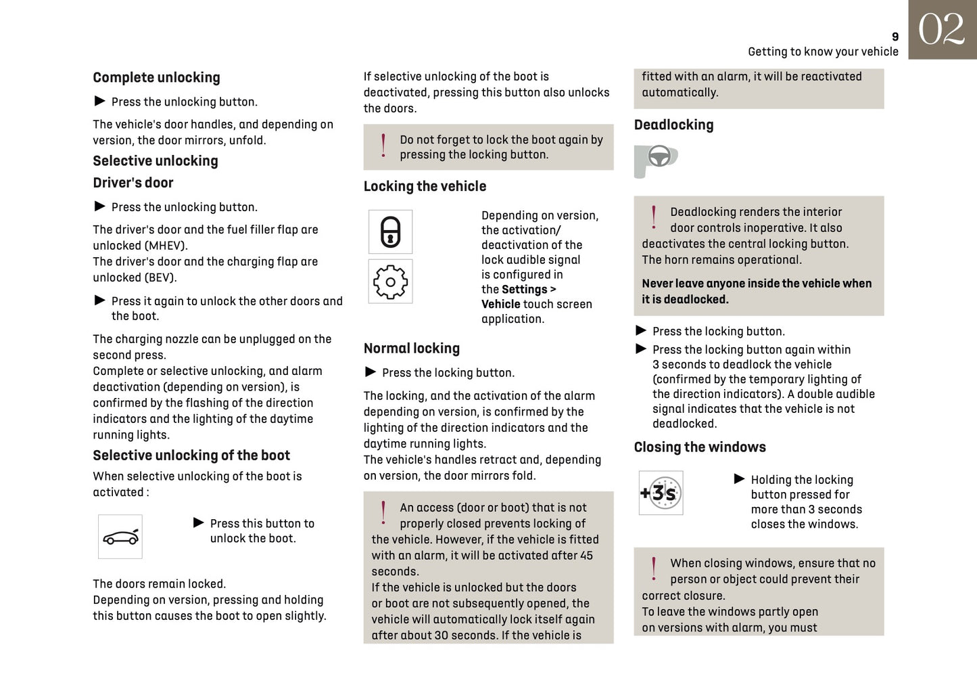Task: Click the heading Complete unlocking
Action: coord(156,78)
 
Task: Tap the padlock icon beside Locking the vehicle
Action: coord(390,231)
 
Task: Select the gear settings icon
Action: coord(390,282)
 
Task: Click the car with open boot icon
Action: coord(120,537)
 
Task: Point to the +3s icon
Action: coord(661,493)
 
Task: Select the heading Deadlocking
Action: coord(673,125)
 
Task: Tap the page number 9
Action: coord(895,37)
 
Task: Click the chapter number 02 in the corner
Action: coord(942,30)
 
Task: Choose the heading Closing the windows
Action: coord(700,447)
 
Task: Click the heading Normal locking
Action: coord(411,349)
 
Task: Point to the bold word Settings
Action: coord(524,290)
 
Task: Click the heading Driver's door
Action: coord(133,183)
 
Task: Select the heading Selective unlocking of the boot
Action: coord(191,455)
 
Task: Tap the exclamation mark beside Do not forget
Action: coord(383,146)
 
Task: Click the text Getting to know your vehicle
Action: coord(823,52)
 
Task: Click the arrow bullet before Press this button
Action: coord(199,523)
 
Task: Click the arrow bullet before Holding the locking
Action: coord(740,479)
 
